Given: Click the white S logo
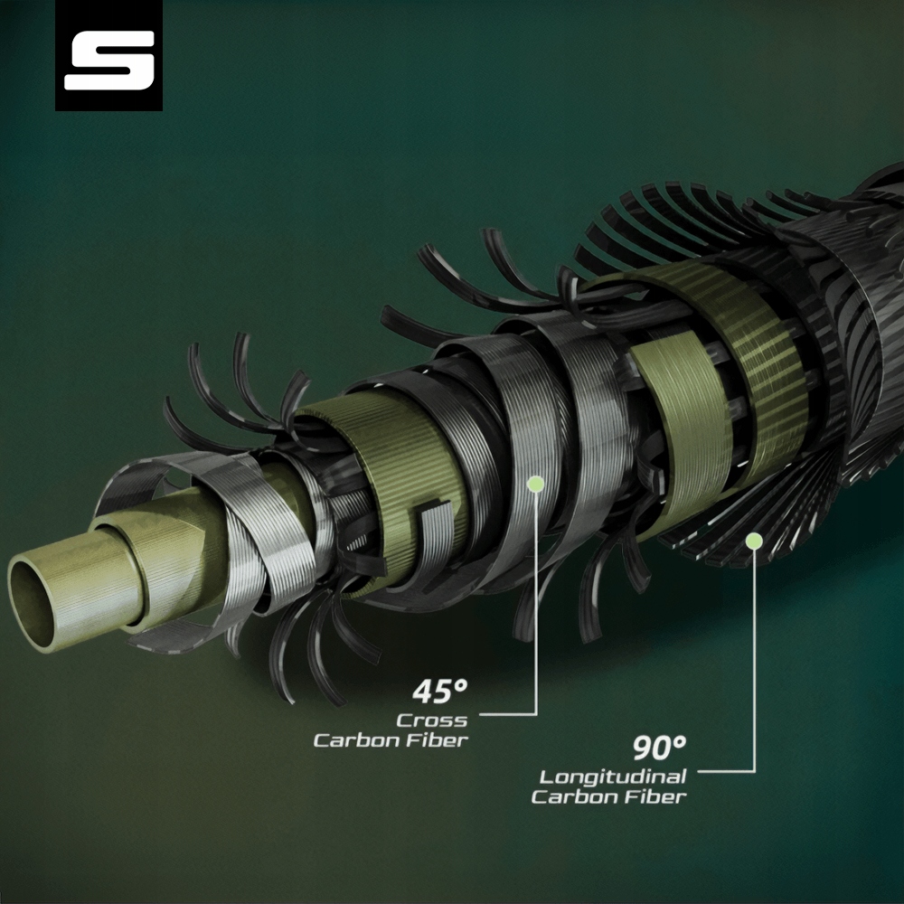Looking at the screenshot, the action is pyautogui.click(x=109, y=61).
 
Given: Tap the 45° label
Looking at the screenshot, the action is pyautogui.click(x=440, y=692).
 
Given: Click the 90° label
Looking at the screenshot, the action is pyautogui.click(x=660, y=748).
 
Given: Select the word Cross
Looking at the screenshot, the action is pyautogui.click(x=432, y=720).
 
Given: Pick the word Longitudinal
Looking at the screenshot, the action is pyautogui.click(x=613, y=777).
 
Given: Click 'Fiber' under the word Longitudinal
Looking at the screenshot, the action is pyautogui.click(x=662, y=797).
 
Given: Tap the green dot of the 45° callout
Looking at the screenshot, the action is pyautogui.click(x=535, y=484).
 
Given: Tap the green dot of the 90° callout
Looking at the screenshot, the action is pyautogui.click(x=754, y=541).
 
